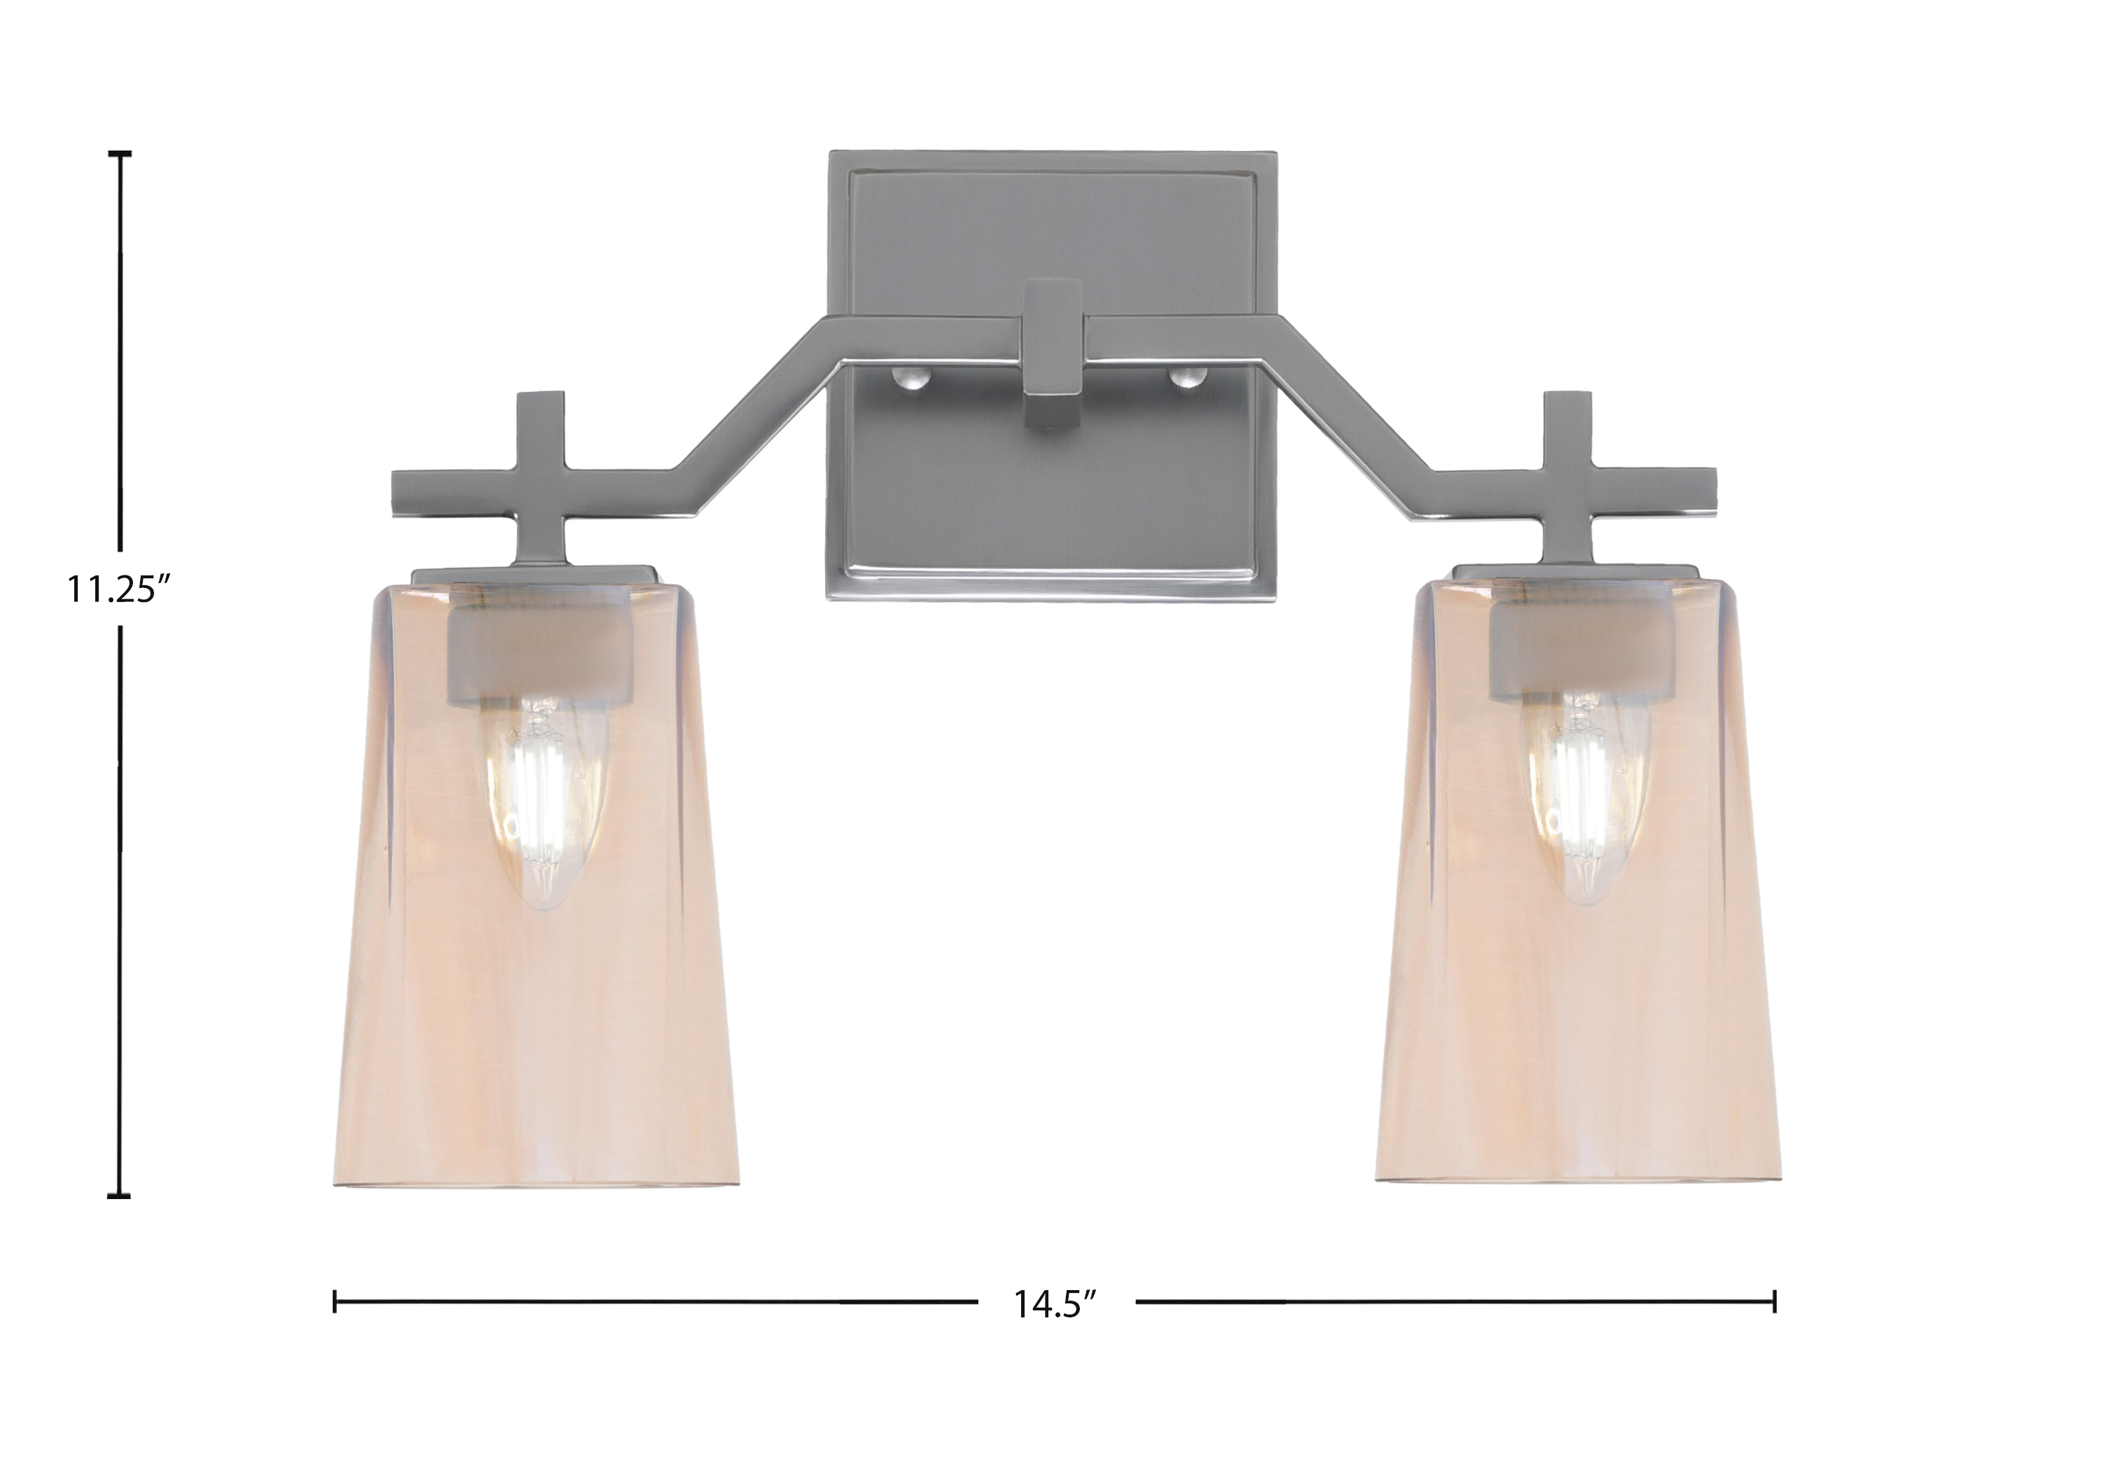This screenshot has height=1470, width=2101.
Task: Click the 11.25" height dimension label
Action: (120, 589)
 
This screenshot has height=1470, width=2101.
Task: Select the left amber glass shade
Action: (534, 883)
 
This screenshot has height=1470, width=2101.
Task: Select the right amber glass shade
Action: (1578, 878)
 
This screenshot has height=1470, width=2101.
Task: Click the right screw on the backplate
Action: (1187, 377)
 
